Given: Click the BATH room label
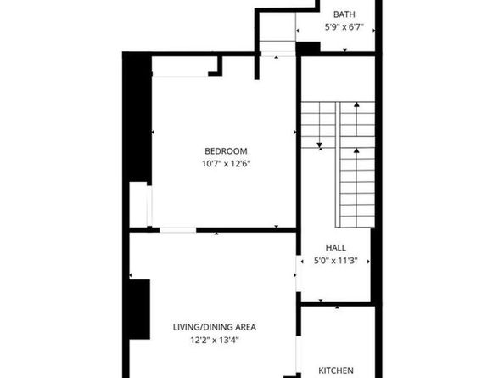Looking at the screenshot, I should click(x=344, y=14).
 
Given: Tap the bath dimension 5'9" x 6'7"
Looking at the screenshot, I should click(x=344, y=27).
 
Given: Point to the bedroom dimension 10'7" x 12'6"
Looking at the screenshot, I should click(x=225, y=164).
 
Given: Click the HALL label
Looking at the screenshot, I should click(x=335, y=248).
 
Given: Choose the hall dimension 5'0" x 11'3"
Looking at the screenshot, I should click(x=335, y=261).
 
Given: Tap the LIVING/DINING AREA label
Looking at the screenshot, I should click(x=211, y=327).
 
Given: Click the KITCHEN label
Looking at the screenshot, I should click(x=336, y=370).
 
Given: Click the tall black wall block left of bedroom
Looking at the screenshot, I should click(x=136, y=119).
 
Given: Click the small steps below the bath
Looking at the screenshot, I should click(x=277, y=47).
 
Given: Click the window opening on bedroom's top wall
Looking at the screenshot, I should click(x=180, y=76).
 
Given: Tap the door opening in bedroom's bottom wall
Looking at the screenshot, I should click(x=177, y=230).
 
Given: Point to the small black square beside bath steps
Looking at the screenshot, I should click(x=307, y=48).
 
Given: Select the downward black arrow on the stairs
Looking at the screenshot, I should click(x=319, y=146).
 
